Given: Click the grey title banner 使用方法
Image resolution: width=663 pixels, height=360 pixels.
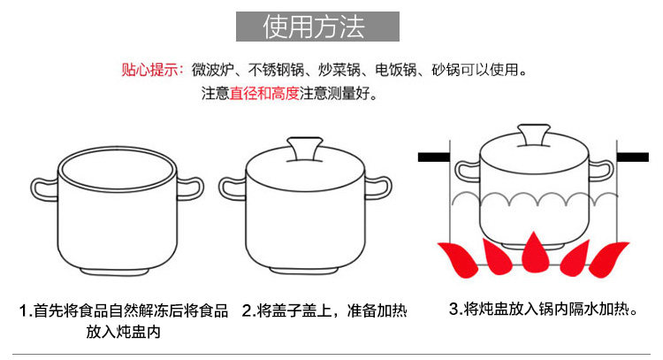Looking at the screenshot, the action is (317, 27).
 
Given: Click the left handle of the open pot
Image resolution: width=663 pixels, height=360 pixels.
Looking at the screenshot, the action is (45, 188).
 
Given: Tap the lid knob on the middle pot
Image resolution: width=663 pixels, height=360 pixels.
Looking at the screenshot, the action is (306, 148).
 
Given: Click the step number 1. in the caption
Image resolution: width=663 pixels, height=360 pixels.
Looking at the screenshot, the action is (26, 311).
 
